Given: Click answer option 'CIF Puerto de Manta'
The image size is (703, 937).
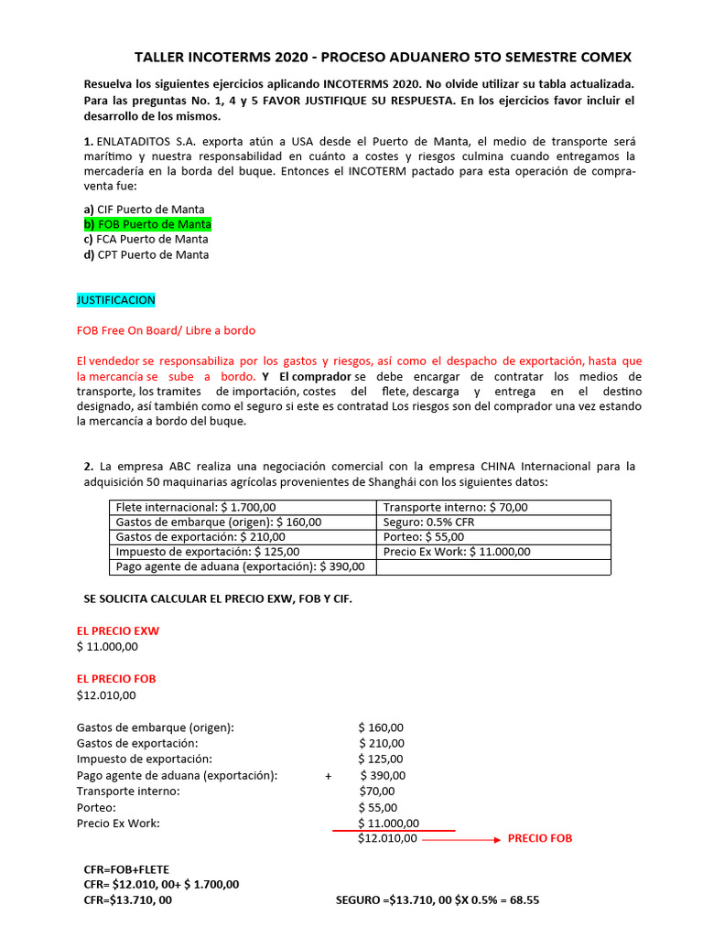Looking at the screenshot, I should click(144, 209).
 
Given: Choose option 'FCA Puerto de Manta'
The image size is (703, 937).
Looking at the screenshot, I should click(146, 239).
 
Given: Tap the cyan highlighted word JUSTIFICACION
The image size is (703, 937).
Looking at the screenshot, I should click(116, 300).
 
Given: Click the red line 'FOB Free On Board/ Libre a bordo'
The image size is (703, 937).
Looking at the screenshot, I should click(166, 330).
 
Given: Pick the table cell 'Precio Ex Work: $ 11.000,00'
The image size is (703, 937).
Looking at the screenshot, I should click(456, 552).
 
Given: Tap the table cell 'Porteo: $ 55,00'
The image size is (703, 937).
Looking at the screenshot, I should click(423, 537).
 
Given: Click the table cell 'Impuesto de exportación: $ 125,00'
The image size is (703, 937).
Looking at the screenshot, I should click(207, 552).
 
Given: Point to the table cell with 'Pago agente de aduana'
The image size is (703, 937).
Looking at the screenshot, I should click(240, 566).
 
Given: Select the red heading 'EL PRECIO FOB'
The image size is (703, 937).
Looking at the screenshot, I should click(117, 679).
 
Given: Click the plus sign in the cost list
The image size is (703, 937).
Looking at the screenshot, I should click(328, 775).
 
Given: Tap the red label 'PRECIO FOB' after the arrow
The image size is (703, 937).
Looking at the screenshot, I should click(539, 838).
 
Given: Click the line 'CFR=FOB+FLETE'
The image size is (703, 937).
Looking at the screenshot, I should click(126, 869).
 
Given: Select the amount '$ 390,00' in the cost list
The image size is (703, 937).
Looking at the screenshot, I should click(383, 775).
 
